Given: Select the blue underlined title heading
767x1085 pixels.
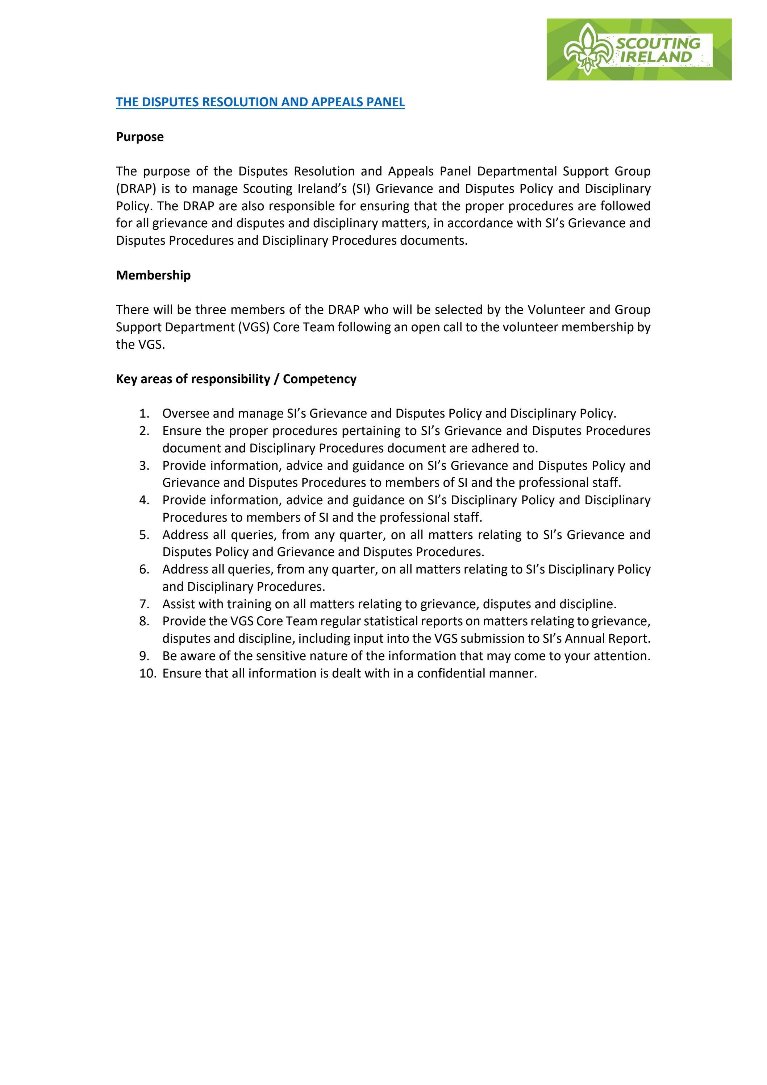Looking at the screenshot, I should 260,102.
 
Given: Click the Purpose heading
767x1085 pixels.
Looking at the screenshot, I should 140,137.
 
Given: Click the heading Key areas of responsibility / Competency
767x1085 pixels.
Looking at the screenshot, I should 236,379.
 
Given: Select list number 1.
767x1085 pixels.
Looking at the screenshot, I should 145,414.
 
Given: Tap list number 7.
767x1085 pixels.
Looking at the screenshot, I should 145,604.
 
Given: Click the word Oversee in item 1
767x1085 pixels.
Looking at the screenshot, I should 186,414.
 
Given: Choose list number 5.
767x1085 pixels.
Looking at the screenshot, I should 145,535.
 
